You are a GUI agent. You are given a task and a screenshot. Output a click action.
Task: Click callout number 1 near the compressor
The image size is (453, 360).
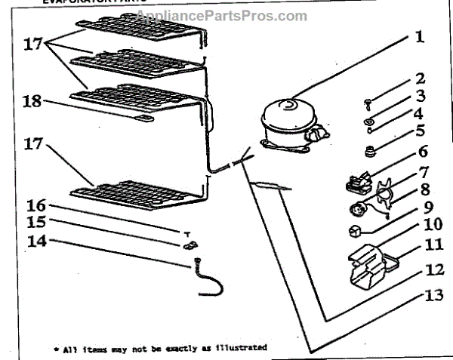coord(419,36)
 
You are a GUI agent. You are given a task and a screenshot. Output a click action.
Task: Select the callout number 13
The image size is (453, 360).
coord(433,295)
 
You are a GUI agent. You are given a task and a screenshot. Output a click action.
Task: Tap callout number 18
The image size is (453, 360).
coord(32,102)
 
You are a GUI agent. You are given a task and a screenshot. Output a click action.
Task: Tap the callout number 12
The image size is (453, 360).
coord(433,269)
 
